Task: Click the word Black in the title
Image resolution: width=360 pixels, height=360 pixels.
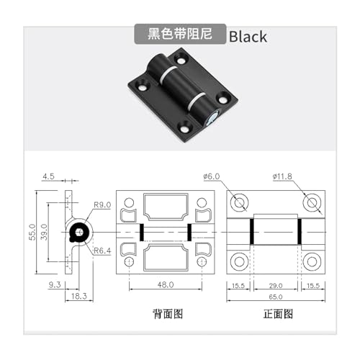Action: [x=248, y=37]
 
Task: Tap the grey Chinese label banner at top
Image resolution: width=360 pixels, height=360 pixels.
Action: [x=180, y=34]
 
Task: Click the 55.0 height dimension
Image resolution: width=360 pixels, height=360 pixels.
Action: [x=32, y=232]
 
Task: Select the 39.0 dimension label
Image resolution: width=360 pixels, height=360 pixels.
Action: [x=44, y=232]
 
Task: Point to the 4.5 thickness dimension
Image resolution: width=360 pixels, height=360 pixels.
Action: [x=48, y=176]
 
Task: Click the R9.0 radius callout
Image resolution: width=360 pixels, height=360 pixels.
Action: [x=102, y=204]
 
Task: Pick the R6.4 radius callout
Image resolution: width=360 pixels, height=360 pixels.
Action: [x=102, y=251]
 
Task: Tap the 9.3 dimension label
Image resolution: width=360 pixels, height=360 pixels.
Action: [x=55, y=285]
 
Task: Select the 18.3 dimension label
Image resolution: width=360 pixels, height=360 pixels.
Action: [x=79, y=297]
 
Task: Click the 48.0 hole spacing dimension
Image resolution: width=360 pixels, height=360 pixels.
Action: [x=166, y=285]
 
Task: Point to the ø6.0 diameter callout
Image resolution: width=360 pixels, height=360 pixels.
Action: [x=212, y=176]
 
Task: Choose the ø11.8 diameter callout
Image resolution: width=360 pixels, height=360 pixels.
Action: [x=282, y=176]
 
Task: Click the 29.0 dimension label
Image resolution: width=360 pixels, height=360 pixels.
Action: [x=276, y=286]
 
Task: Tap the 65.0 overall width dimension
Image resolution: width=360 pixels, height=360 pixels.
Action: [x=276, y=297]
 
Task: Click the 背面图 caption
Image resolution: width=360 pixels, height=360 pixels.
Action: [x=168, y=314]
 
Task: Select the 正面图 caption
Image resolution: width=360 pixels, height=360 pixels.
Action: [x=278, y=314]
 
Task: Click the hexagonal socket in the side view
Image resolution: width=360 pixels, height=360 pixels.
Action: [x=79, y=232]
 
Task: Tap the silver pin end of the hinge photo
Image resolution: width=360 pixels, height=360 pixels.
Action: [x=212, y=119]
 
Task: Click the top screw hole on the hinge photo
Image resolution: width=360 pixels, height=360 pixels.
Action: [x=181, y=59]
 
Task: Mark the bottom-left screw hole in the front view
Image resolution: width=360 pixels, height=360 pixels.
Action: [x=239, y=261]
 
